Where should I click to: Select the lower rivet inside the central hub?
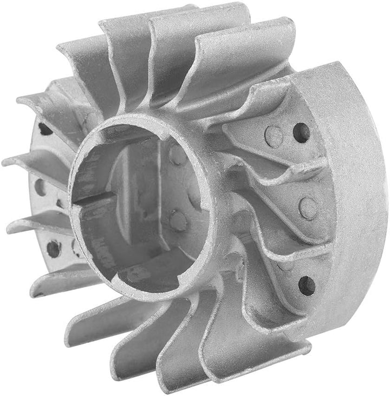point(177,220)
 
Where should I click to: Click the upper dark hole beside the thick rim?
point(301,132)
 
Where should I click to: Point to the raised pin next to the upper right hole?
point(274,135)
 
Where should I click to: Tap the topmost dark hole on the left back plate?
point(45,129)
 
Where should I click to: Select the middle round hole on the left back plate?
point(41,187)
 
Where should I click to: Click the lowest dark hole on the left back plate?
point(53,248)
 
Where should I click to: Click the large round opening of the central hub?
point(141,206)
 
